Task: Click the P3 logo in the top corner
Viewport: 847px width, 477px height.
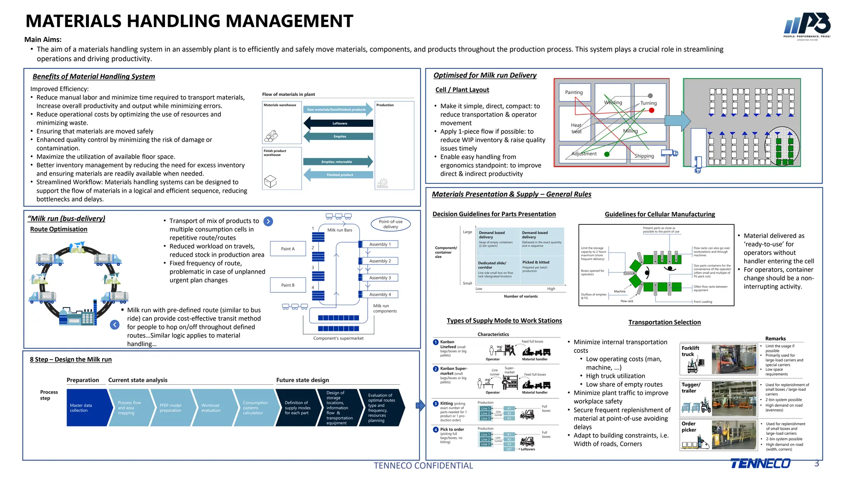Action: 807,26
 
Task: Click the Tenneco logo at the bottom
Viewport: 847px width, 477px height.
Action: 760,463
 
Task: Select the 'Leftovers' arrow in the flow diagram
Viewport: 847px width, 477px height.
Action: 339,123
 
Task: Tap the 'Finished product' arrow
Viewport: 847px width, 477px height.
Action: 339,175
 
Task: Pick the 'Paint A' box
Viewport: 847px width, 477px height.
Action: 288,249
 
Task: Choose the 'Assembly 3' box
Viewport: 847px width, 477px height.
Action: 380,278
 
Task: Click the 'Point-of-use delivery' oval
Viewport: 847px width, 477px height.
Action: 390,224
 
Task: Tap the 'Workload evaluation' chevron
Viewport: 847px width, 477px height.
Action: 212,408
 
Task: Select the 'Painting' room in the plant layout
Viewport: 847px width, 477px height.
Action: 574,92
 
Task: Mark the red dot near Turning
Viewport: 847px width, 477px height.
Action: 651,111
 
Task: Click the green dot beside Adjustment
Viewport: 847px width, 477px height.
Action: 607,154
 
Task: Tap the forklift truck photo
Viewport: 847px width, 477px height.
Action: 734,359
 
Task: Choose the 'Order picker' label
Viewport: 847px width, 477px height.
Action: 689,426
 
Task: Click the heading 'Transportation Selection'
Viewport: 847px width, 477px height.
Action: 664,322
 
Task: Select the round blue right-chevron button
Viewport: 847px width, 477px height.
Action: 268,222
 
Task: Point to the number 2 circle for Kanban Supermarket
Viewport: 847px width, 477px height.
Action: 435,369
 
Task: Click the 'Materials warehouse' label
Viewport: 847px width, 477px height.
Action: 280,105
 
